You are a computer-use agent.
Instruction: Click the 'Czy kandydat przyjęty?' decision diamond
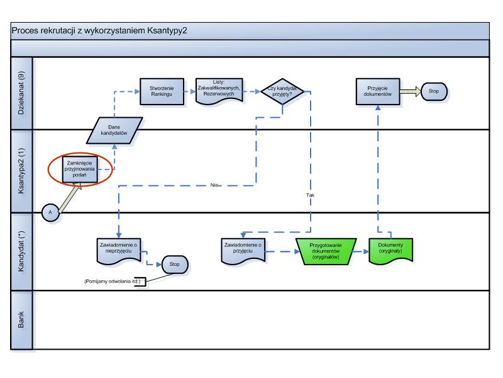(282, 90)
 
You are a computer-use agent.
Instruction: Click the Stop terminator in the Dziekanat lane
(434, 90)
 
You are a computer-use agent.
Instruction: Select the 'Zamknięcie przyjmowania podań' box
(79, 169)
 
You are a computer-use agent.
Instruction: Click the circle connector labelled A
(51, 212)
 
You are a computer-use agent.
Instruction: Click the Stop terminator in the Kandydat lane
(174, 265)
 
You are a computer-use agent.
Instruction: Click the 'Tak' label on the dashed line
(310, 195)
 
